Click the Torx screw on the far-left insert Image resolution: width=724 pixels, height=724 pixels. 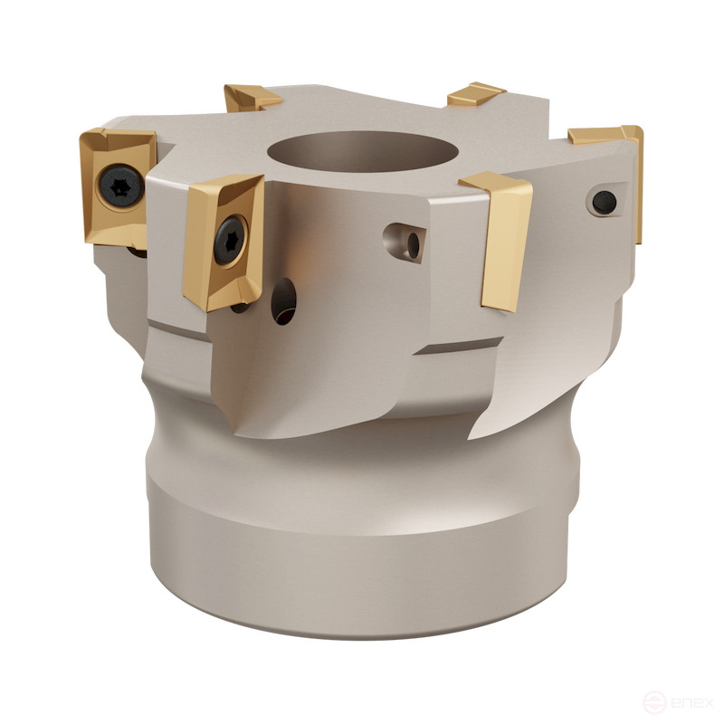(x=120, y=188)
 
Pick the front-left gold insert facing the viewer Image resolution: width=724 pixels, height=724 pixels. (x=224, y=241)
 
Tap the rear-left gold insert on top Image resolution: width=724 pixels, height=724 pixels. (x=252, y=97)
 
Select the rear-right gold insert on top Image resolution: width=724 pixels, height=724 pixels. (x=475, y=93)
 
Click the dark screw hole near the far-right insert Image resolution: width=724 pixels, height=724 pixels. (x=605, y=201)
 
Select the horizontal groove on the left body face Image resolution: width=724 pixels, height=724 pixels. (x=179, y=327)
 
